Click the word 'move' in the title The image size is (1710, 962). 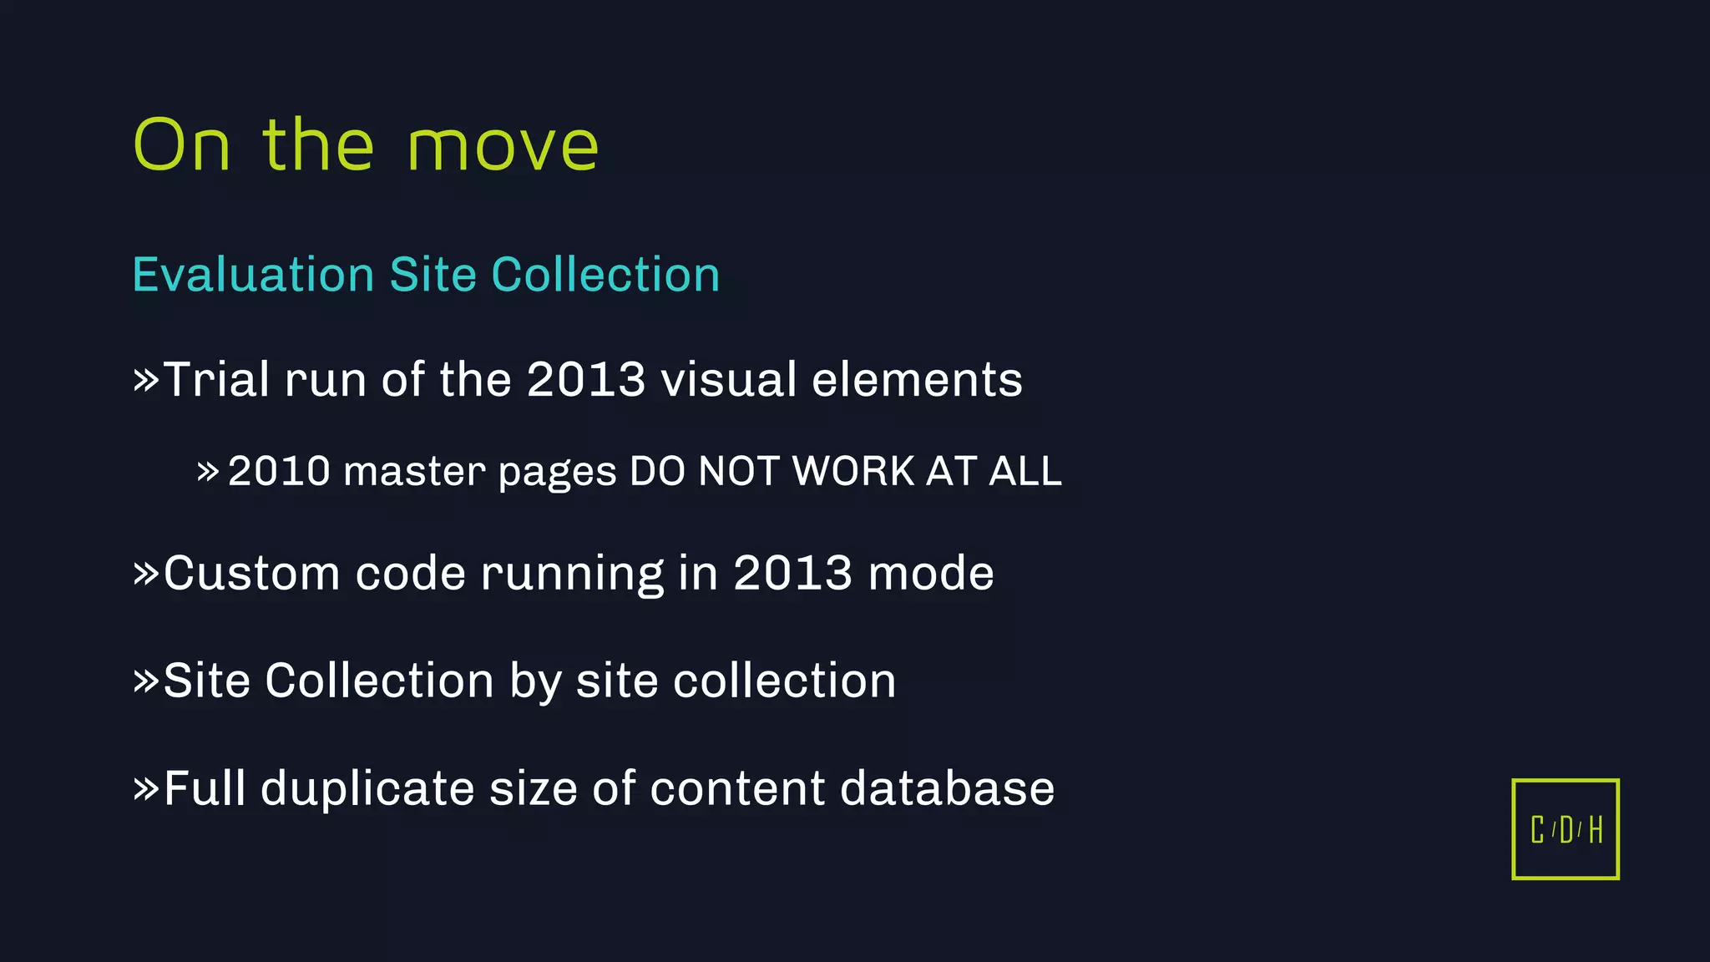[503, 147]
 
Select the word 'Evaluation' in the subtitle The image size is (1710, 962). [253, 275]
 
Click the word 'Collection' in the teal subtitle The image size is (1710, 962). [605, 275]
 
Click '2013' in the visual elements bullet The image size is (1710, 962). [586, 380]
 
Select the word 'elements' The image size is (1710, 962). [917, 380]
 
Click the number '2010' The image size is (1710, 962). [279, 471]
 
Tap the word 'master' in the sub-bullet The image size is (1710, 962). [414, 472]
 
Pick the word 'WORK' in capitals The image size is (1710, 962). [853, 471]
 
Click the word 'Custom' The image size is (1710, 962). [251, 574]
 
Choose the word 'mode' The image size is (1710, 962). [931, 574]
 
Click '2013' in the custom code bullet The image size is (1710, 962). [792, 574]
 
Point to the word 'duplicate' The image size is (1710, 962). [367, 788]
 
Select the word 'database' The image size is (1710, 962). [947, 788]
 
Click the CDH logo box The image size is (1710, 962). [1566, 829]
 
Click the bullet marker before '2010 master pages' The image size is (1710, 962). [208, 473]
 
